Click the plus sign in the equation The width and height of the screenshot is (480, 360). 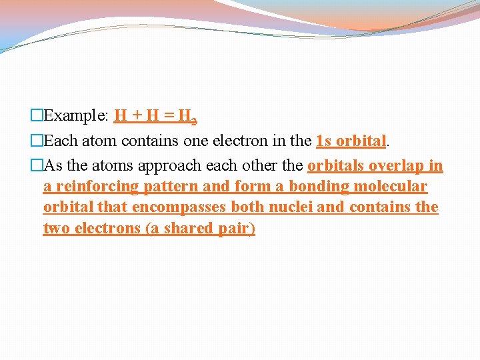(x=137, y=116)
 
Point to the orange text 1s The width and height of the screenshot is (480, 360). (x=323, y=141)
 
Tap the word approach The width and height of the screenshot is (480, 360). (x=165, y=165)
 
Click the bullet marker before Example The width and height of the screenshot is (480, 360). (x=37, y=116)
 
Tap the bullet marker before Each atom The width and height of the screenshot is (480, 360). (x=37, y=141)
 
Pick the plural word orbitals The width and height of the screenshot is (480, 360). (x=337, y=165)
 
